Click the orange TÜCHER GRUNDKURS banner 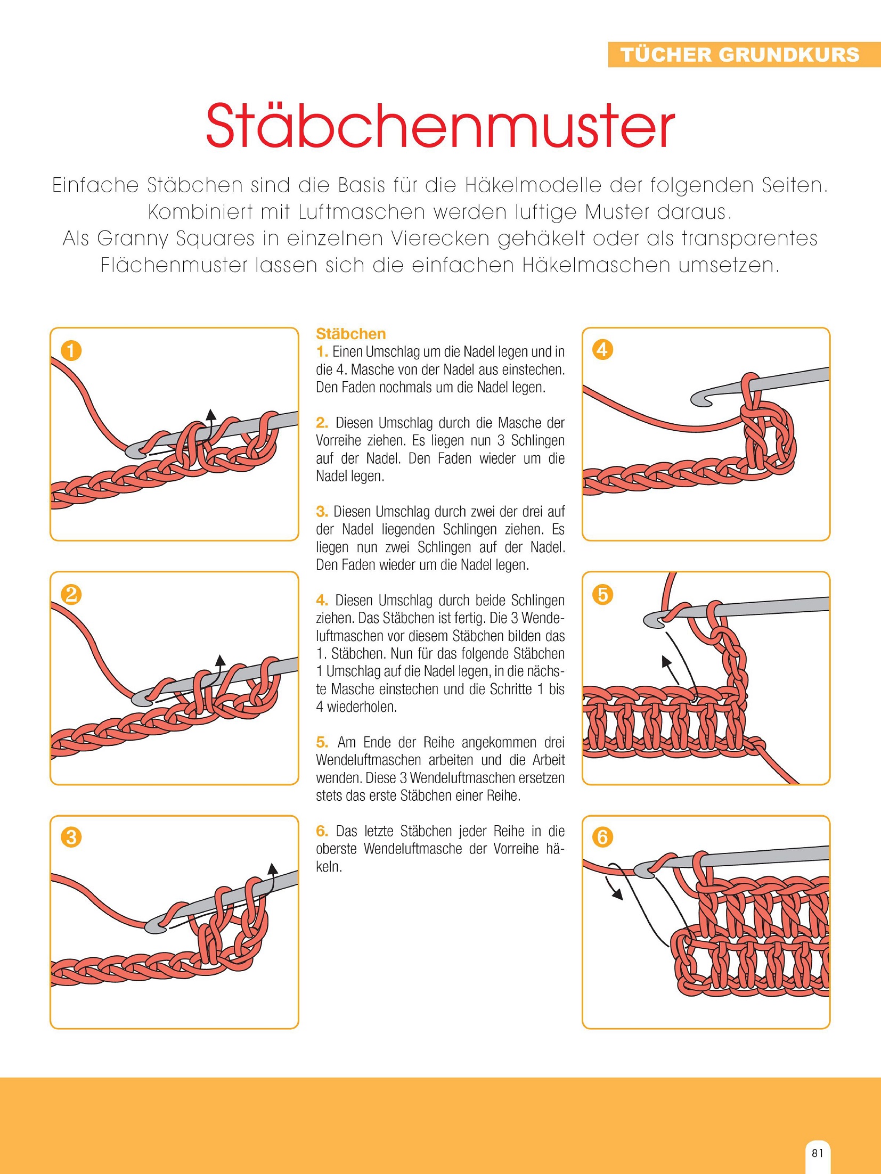coord(744,54)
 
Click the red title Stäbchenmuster coord(440,126)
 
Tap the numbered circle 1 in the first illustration coord(71,351)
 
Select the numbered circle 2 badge coord(71,594)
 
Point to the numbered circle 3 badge coord(71,837)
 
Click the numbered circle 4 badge coord(602,350)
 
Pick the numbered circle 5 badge coord(602,594)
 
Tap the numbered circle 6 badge coord(602,837)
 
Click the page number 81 coord(818,1153)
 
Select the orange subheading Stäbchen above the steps coord(350,334)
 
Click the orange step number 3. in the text coord(322,512)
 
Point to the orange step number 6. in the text coord(322,831)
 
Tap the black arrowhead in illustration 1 coord(211,415)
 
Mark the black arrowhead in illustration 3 coord(273,868)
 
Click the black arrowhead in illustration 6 coord(618,894)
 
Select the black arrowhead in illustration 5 coord(666,661)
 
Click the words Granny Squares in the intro coord(176,239)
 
